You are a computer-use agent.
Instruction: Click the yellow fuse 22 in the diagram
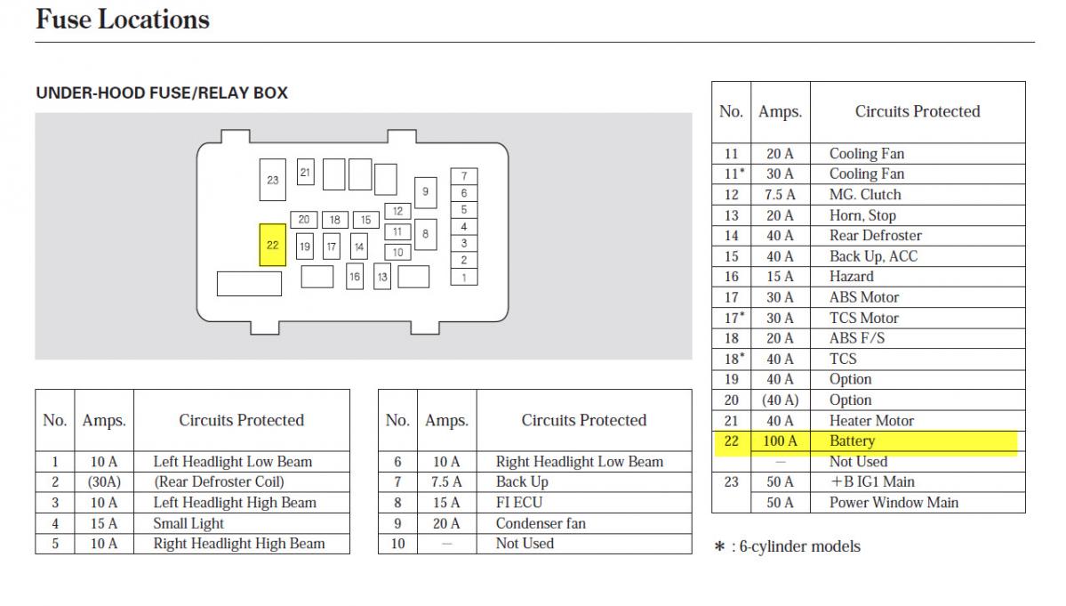click(272, 245)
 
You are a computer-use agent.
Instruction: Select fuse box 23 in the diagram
click(272, 180)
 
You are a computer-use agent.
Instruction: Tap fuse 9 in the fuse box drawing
click(425, 191)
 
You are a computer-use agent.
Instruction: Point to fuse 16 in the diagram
click(355, 277)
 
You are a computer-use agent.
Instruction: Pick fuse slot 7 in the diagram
click(463, 176)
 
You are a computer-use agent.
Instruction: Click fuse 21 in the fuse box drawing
click(305, 172)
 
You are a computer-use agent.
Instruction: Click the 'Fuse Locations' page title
click(123, 20)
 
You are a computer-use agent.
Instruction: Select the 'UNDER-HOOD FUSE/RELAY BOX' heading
click(162, 93)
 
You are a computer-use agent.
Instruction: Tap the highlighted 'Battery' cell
click(852, 440)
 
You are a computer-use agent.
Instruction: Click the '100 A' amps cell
click(780, 440)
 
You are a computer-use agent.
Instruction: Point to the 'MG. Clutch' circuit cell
click(865, 194)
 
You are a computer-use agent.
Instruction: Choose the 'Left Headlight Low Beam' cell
click(233, 461)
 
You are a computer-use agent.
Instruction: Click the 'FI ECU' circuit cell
click(519, 502)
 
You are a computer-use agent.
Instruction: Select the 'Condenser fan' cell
click(541, 522)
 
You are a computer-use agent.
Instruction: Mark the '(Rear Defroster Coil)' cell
click(219, 481)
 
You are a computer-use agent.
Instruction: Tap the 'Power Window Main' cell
click(894, 502)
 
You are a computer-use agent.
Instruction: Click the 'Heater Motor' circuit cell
click(871, 420)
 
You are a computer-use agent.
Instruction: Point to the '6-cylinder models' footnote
click(795, 546)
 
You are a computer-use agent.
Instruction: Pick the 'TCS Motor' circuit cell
click(864, 318)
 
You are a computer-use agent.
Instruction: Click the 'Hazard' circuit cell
click(852, 276)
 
